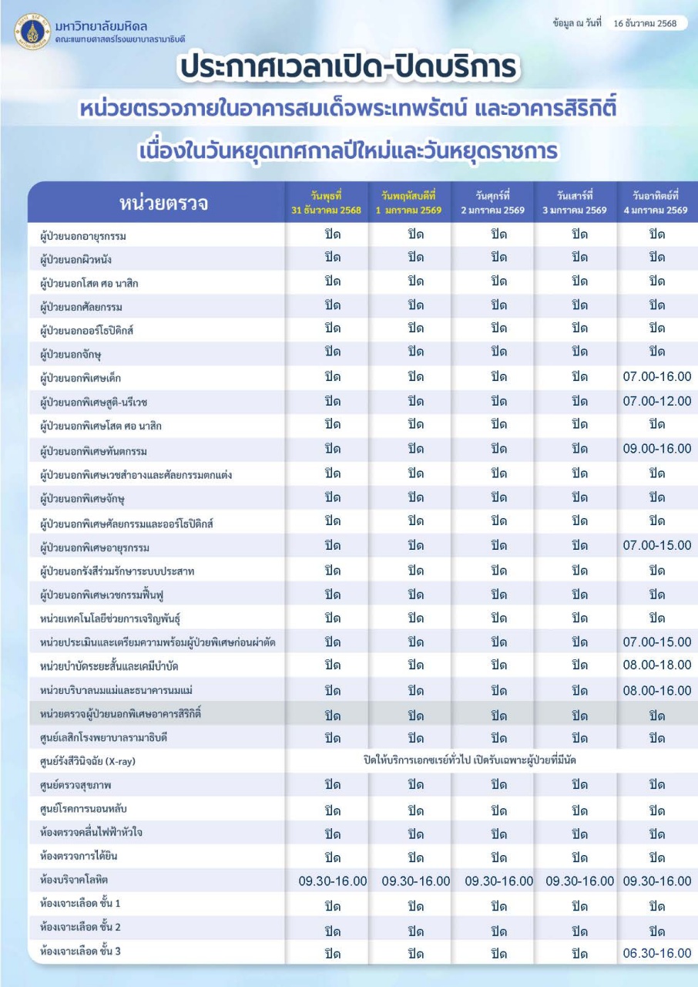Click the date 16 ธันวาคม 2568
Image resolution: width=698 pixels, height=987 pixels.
[x=645, y=23]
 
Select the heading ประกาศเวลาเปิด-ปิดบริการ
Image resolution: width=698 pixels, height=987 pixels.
[x=348, y=68]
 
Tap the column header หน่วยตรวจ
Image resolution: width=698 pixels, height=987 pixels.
[x=163, y=204]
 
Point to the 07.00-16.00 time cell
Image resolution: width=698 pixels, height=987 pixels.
[x=656, y=377]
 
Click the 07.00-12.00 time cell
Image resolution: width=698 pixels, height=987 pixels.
[x=656, y=401]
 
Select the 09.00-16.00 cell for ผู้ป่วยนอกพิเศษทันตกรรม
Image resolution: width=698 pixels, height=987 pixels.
[x=656, y=449]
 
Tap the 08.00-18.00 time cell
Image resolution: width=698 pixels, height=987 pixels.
[x=656, y=665]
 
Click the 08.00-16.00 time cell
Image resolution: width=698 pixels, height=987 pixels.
[x=656, y=690]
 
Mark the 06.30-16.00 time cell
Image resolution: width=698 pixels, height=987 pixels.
[x=656, y=953]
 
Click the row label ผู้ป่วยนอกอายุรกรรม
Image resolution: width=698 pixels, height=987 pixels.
[x=83, y=235]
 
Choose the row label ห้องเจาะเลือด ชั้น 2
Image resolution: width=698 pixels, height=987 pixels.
[x=80, y=927]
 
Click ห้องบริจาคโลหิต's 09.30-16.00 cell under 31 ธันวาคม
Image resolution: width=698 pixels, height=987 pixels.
[x=332, y=881]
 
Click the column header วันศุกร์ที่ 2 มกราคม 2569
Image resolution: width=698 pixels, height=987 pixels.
[x=493, y=204]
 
